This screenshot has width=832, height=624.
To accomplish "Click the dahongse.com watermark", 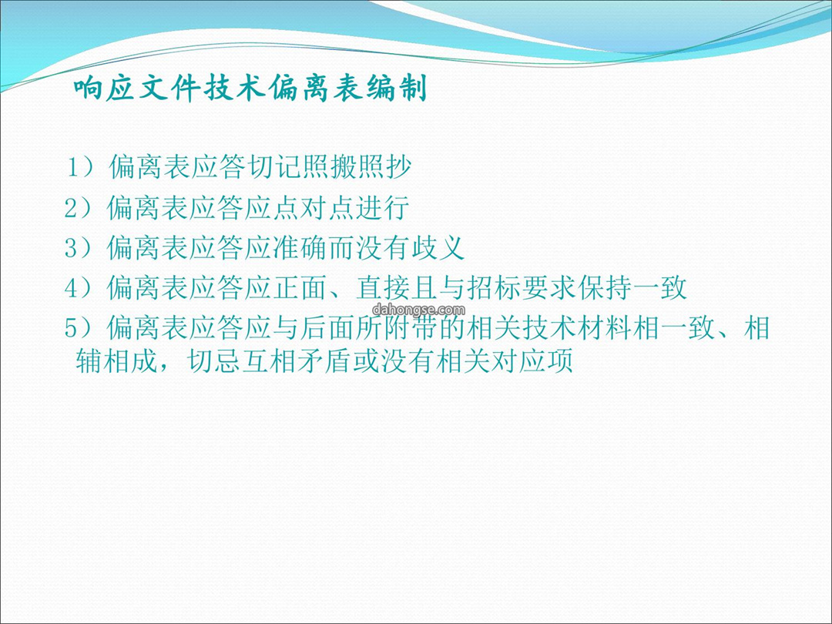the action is pyautogui.click(x=418, y=310).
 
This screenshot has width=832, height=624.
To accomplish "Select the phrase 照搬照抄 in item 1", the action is pyautogui.click(x=357, y=166).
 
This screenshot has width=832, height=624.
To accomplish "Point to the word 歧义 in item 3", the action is pyautogui.click(x=438, y=248).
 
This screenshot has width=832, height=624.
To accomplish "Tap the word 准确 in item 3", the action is pyautogui.click(x=300, y=248).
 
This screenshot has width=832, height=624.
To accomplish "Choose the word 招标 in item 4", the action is pyautogui.click(x=494, y=288).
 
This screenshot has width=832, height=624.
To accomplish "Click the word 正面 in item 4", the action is pyautogui.click(x=300, y=288).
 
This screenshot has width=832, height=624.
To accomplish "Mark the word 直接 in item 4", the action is pyautogui.click(x=383, y=288).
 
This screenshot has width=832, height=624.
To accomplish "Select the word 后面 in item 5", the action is pyautogui.click(x=327, y=327).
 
